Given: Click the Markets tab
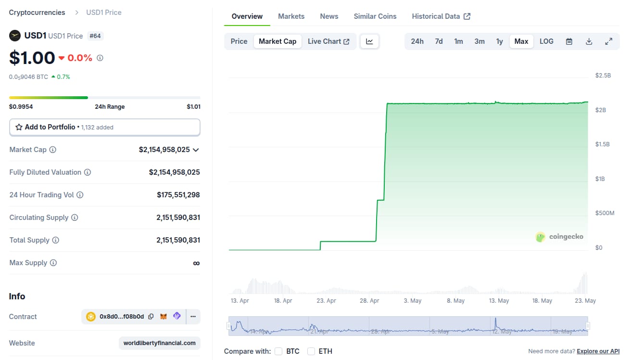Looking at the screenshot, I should pos(291,16).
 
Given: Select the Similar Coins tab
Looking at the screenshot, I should pos(375,16).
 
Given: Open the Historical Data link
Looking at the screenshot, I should pos(441,16).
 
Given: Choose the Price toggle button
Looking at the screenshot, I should pos(239,41).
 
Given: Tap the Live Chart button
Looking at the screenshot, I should pos(328,41).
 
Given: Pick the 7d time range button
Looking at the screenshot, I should pos(439,41).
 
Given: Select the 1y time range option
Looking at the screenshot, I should pos(500,41).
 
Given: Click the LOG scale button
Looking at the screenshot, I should pos(546,41).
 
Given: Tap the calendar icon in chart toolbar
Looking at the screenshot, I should pos(569,41).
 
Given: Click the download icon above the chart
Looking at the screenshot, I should pos(589,41).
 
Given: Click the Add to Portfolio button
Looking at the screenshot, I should pos(105,127).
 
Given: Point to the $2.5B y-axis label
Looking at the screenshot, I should pos(603,76).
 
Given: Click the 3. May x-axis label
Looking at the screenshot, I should pos(412,301).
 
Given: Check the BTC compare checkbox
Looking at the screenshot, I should pos(278,351).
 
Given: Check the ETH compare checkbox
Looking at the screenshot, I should pos(311,351).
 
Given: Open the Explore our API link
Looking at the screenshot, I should pos(598,351).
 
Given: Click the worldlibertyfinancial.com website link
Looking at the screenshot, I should pos(160,343).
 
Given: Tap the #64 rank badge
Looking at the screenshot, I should pos(95,36).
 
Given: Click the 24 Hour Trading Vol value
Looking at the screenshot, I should pos(178,195).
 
